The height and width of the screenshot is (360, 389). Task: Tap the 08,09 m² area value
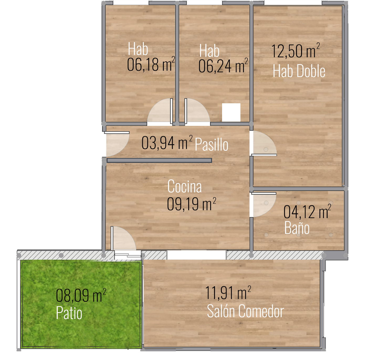click(81, 295)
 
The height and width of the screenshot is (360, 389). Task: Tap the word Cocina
click(185, 186)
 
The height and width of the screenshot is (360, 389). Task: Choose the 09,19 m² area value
click(191, 204)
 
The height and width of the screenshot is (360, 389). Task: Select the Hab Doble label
click(299, 71)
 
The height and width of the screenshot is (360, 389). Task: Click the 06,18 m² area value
click(151, 64)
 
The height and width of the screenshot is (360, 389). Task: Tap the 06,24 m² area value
click(223, 65)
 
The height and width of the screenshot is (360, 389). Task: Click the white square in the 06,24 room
click(231, 112)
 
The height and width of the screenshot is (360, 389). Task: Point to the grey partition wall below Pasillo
click(159, 161)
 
